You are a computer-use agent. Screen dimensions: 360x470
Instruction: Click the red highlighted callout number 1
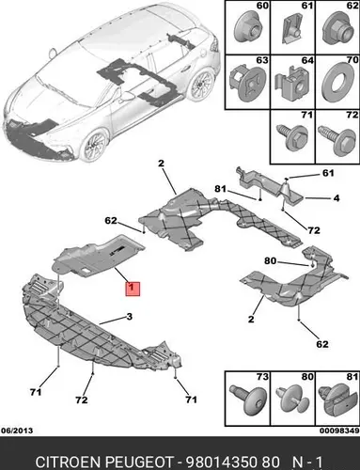point(133,289)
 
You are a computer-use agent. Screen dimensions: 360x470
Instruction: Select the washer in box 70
point(337,83)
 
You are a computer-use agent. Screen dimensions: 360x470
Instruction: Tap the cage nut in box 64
point(291,83)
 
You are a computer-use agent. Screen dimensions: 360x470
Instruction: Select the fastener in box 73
point(247,400)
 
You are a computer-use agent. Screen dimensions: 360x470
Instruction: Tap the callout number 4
point(336,198)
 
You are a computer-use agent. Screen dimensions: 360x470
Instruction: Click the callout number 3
point(130,317)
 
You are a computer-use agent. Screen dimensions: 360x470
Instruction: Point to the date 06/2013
point(17,431)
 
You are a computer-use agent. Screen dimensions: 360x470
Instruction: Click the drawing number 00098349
point(339,431)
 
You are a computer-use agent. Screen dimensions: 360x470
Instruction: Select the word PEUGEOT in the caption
point(138,462)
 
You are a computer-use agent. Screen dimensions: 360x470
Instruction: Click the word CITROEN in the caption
point(68,462)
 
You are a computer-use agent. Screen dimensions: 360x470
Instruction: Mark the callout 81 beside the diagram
point(220,189)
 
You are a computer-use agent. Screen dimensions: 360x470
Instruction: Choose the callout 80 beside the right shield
point(270,260)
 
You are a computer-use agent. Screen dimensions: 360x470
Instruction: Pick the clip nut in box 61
point(292,29)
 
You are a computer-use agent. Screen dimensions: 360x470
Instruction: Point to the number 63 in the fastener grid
point(262,60)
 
